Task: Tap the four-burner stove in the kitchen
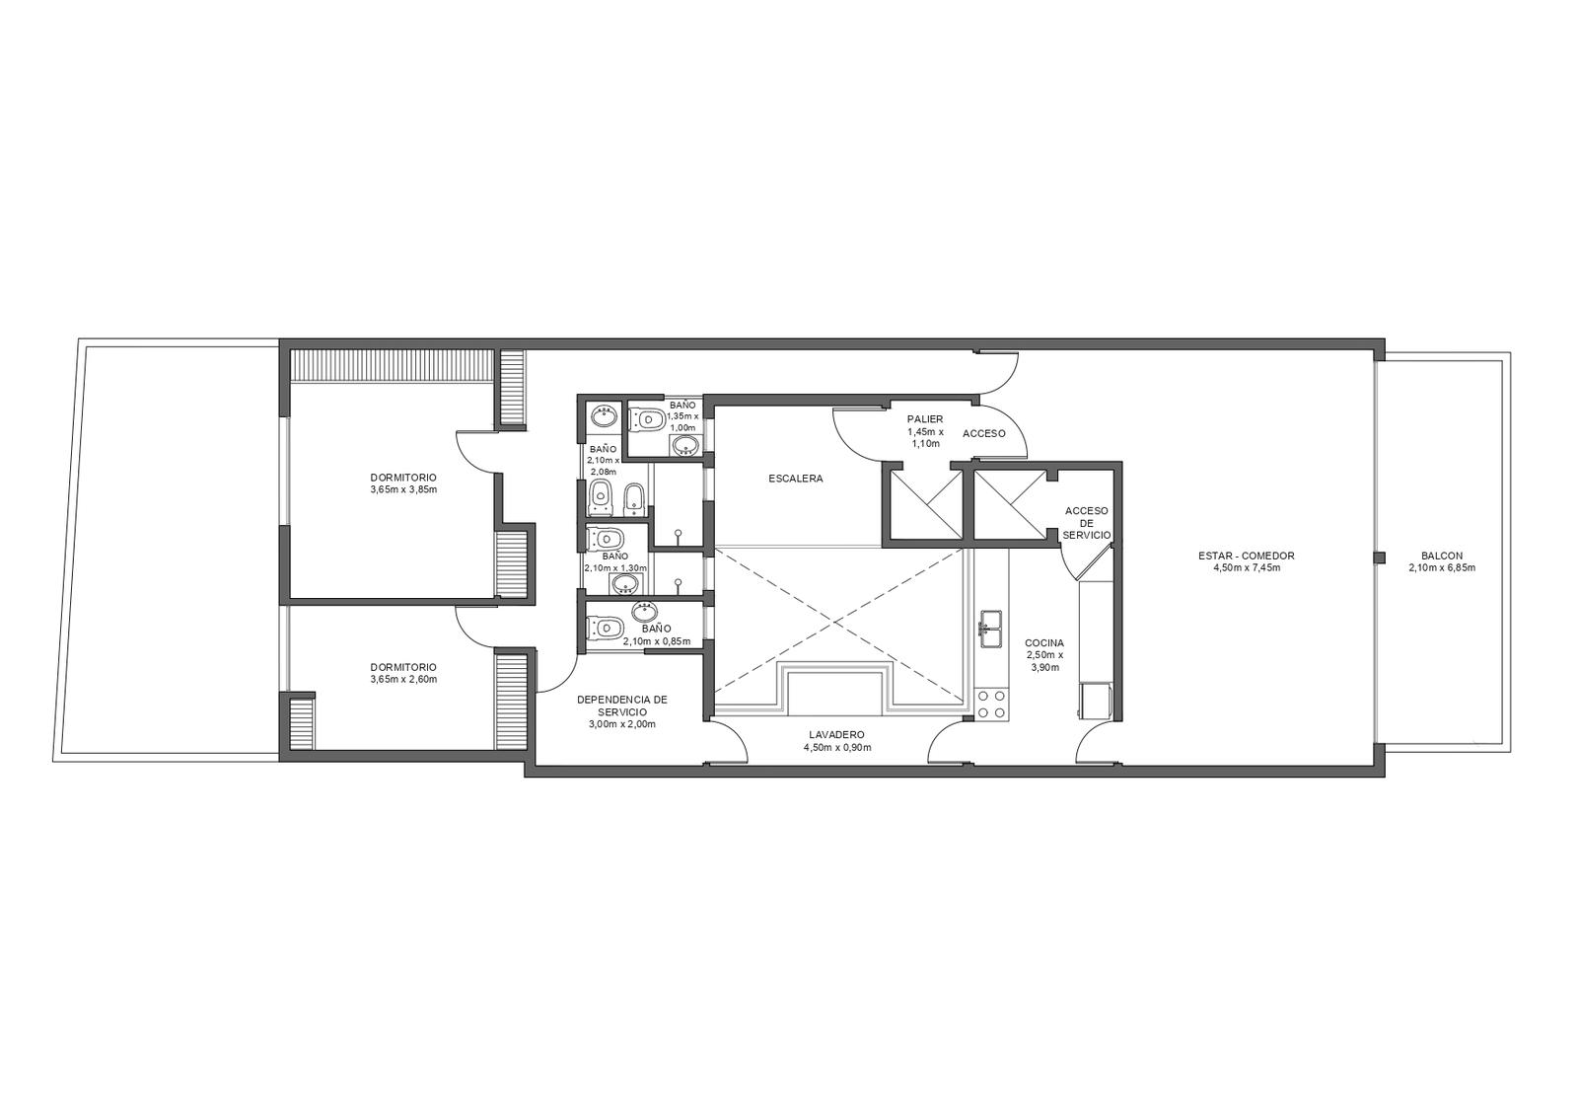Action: [x=990, y=705]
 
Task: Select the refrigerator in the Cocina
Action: [x=1095, y=701]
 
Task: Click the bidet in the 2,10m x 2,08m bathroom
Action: [x=633, y=497]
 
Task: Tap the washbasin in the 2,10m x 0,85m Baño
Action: [x=646, y=609]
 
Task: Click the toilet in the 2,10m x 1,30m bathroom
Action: [x=607, y=540]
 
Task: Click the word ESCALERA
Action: [x=795, y=479]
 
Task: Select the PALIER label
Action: [x=925, y=419]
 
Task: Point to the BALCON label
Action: [x=1441, y=556]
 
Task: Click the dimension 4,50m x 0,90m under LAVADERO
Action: [x=837, y=747]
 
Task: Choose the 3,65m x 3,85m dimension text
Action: [x=403, y=489]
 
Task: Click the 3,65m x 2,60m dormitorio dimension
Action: [x=403, y=680]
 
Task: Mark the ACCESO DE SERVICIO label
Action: [x=1086, y=522]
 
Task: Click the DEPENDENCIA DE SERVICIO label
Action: [x=622, y=706]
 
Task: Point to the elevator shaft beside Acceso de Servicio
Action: [x=1010, y=504]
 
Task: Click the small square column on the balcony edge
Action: [x=1380, y=557]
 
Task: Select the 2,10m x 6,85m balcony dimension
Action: [x=1441, y=567]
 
